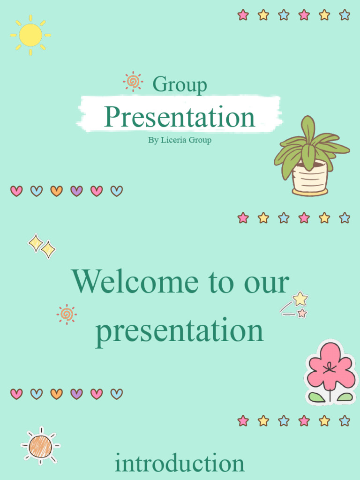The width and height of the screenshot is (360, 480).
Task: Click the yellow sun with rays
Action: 30,35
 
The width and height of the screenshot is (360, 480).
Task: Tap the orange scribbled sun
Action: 40,446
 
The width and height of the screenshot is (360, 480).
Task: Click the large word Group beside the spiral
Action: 180,84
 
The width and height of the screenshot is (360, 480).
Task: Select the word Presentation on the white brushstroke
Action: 180,117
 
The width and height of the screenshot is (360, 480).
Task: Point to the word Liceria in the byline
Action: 173,140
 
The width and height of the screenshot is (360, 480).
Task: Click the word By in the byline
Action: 153,140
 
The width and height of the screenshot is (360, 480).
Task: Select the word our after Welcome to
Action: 266,283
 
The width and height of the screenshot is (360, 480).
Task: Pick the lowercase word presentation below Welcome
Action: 180,331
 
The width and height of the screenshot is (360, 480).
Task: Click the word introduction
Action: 180,463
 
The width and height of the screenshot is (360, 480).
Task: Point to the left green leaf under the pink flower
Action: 316,397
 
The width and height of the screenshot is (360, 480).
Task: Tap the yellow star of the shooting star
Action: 300,299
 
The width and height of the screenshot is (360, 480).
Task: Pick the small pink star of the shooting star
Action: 302,313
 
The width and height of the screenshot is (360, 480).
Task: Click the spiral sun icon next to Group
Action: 133,82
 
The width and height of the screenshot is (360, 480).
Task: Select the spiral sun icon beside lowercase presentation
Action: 67,314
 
